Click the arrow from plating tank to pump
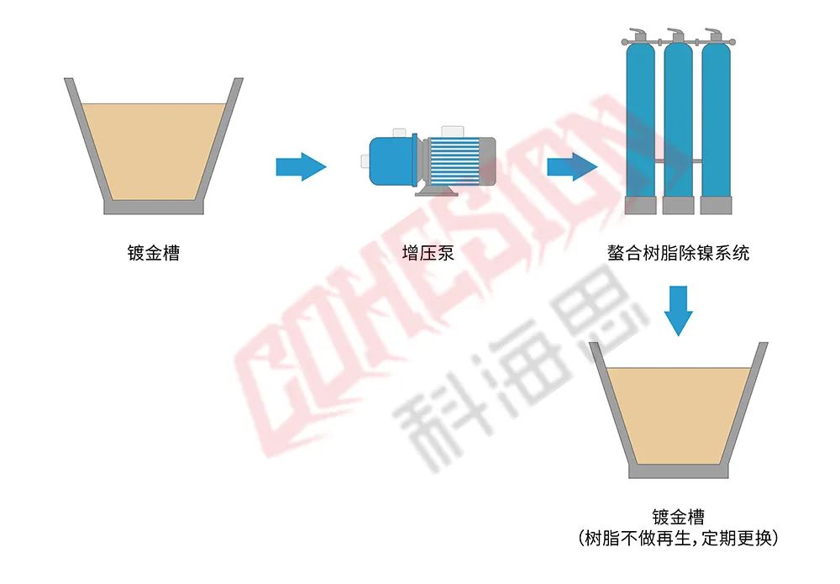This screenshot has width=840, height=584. [x=300, y=166]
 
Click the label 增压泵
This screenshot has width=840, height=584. [x=428, y=252]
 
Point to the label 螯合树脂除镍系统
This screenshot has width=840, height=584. [x=678, y=252]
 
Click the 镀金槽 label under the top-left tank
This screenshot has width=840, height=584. [x=154, y=252]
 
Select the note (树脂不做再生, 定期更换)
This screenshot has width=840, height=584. [x=678, y=538]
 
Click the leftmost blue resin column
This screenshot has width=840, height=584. [x=640, y=118]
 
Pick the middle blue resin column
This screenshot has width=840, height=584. [x=678, y=118]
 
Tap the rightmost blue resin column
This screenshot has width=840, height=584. [x=716, y=118]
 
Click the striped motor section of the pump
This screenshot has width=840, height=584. [x=454, y=160]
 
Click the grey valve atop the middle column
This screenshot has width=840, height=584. [x=676, y=35]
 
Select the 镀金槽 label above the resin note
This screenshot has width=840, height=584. [x=678, y=517]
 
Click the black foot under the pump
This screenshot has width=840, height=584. [x=437, y=192]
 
